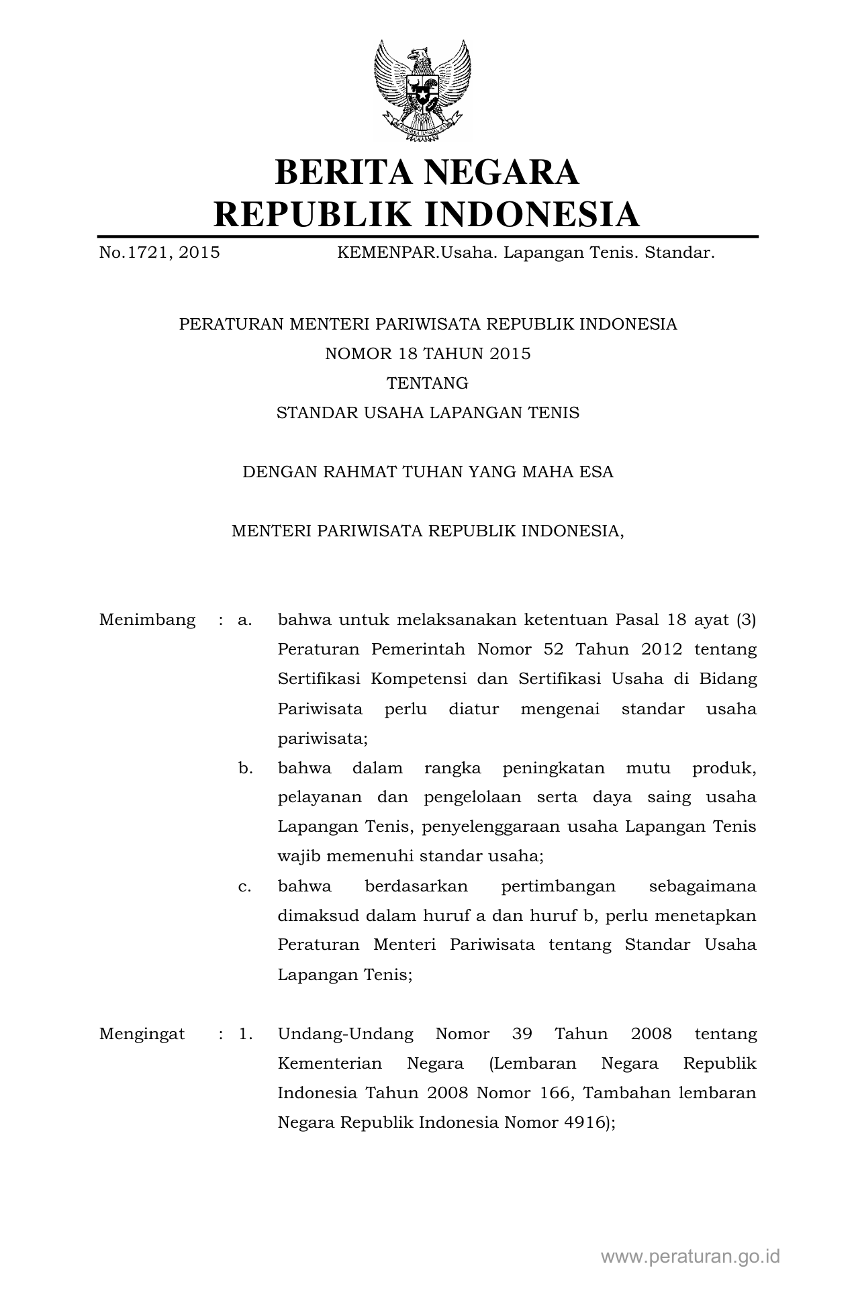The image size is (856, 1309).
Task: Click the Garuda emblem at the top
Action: [x=422, y=91]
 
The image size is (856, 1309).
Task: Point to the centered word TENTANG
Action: [x=428, y=383]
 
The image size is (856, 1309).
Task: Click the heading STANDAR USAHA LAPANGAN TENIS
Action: [x=428, y=413]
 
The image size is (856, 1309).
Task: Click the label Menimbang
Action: [x=147, y=620]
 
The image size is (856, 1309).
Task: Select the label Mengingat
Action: [x=142, y=1034]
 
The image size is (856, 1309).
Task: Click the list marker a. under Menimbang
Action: [x=244, y=620]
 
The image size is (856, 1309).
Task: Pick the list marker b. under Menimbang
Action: [x=245, y=768]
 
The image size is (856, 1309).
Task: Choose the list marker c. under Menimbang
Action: [x=244, y=886]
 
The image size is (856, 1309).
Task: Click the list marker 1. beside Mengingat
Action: [x=245, y=1034]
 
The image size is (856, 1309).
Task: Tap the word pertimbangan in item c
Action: [x=558, y=886]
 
